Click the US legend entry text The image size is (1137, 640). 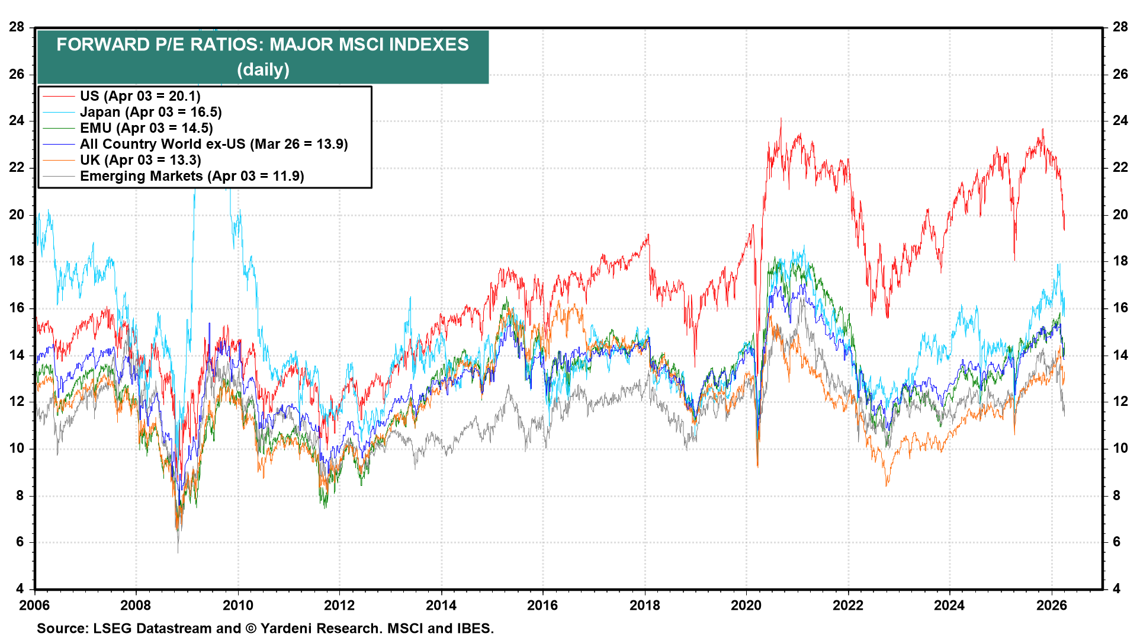tap(140, 96)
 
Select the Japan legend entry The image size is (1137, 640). tap(150, 112)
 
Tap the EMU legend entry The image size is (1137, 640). tap(146, 128)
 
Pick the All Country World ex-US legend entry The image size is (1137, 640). tap(213, 144)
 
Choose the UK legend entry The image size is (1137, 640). tap(140, 160)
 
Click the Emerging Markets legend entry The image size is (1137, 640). tap(191, 176)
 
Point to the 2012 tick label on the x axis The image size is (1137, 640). tap(339, 605)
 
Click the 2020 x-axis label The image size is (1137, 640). tap(746, 605)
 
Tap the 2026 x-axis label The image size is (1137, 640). tap(1051, 605)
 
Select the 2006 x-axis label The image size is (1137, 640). tap(34, 605)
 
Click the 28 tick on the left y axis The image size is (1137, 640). tap(17, 27)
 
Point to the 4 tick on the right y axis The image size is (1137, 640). tap(1116, 588)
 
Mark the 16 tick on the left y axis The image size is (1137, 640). tap(17, 308)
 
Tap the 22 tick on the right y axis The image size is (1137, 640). tap(1120, 167)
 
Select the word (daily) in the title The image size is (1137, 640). tap(263, 70)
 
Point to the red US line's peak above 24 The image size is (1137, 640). tap(781, 119)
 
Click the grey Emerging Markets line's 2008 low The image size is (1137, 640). tap(178, 551)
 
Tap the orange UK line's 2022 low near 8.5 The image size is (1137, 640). tap(887, 485)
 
